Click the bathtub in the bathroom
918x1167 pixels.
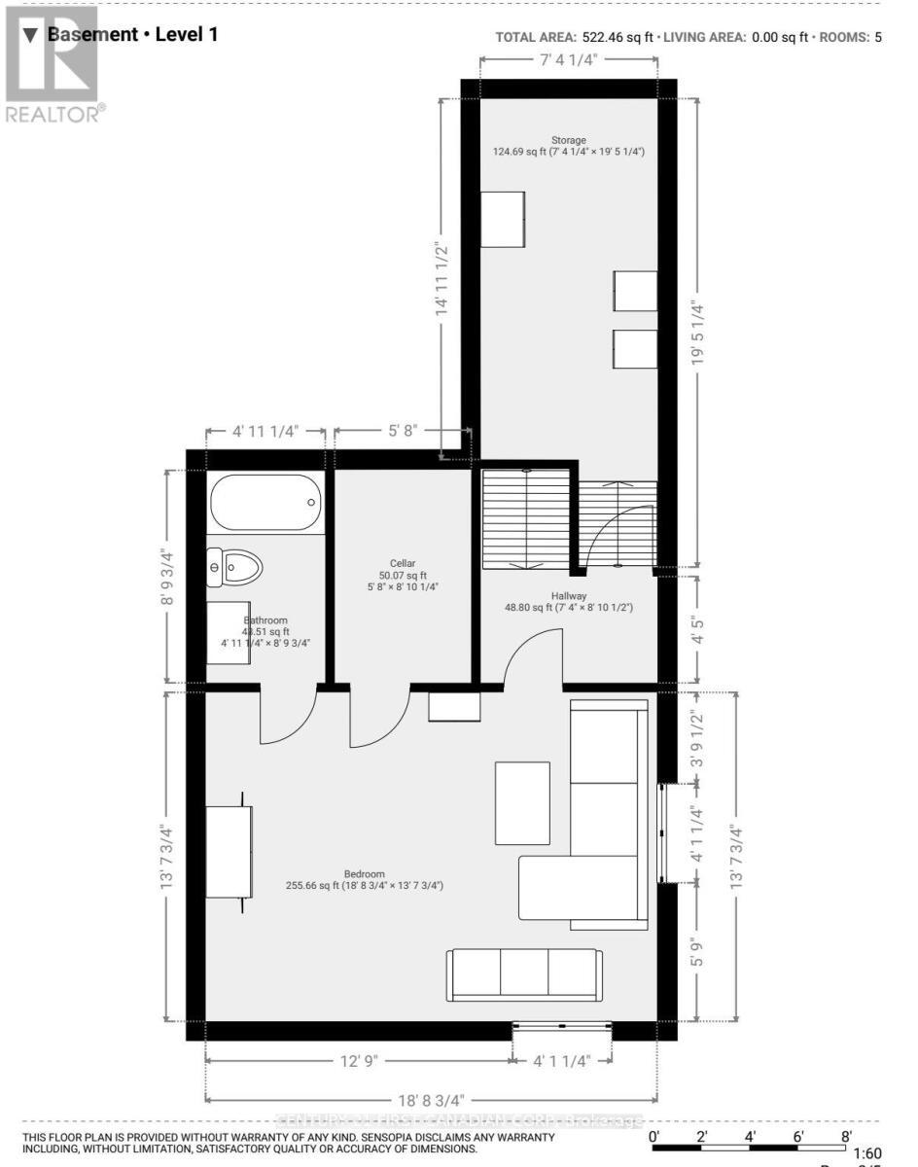pyautogui.click(x=265, y=502)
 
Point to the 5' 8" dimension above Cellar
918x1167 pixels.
pyautogui.click(x=402, y=431)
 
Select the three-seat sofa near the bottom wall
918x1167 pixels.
pyautogui.click(x=523, y=975)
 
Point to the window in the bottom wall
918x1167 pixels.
pyautogui.click(x=563, y=1026)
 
